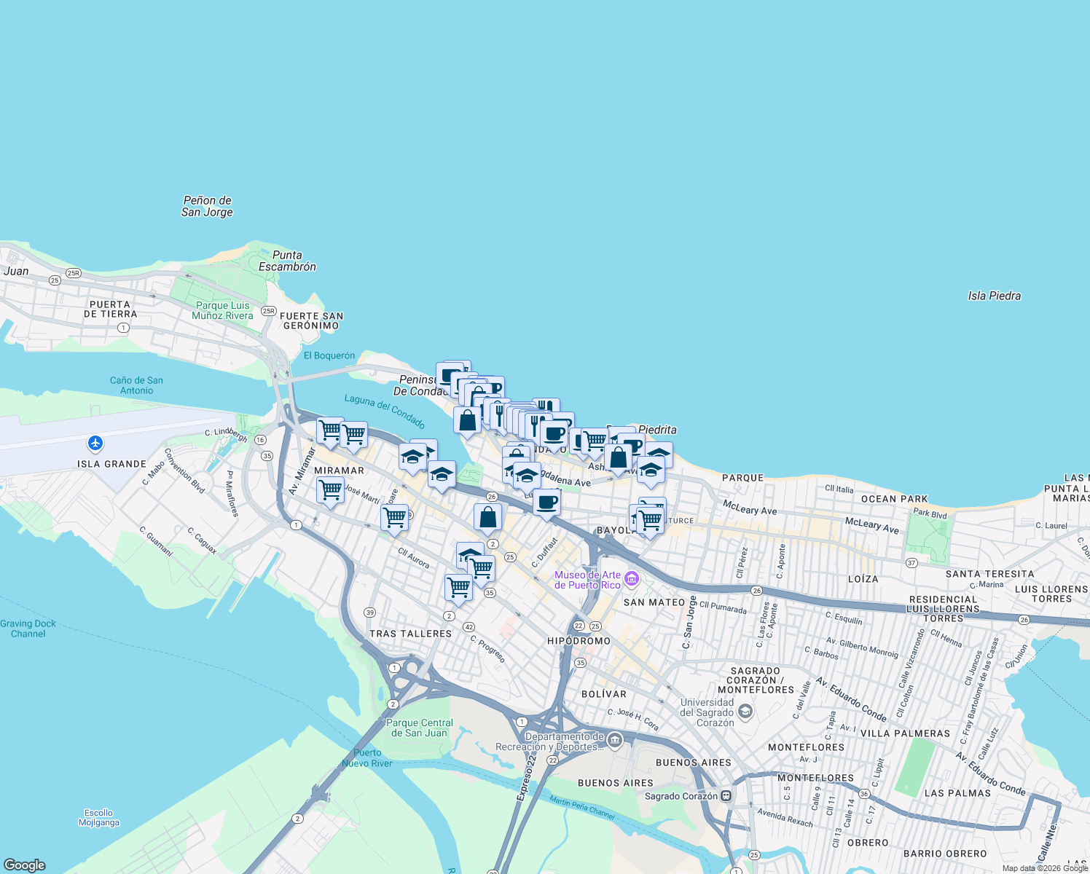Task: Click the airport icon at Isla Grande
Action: [95, 443]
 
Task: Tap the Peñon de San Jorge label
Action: [208, 206]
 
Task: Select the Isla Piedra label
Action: [994, 296]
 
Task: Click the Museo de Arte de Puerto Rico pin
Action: [632, 580]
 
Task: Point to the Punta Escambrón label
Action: [287, 261]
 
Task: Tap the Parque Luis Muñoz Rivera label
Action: [222, 310]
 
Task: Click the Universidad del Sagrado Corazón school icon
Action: [745, 711]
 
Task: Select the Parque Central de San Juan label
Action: [420, 728]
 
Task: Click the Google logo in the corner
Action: [25, 865]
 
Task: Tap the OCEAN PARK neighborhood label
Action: [895, 499]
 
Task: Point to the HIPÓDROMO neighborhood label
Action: [579, 641]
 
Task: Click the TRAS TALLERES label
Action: [410, 634]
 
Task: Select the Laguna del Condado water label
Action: [385, 412]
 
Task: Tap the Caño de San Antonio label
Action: [136, 385]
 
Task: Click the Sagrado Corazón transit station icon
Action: [726, 796]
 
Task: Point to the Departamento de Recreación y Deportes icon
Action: [615, 741]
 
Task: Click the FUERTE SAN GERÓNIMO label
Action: [311, 321]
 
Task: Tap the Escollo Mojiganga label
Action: [98, 817]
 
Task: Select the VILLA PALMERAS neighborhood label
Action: [905, 733]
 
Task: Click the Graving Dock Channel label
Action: [28, 629]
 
